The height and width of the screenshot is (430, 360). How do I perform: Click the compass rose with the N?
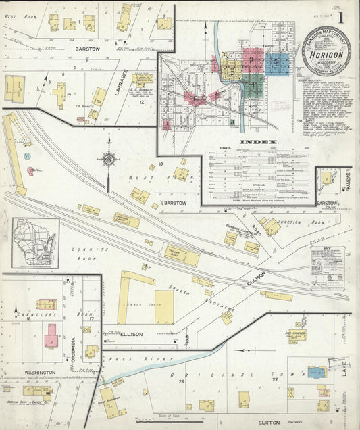tap(108, 160)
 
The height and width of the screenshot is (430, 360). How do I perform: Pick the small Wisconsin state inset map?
tap(35, 243)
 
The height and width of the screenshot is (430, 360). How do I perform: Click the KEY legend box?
tap(327, 268)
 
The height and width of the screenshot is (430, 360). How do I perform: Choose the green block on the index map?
tap(251, 86)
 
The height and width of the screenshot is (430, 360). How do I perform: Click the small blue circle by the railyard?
tap(28, 156)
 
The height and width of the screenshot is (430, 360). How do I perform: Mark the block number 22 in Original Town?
tap(275, 380)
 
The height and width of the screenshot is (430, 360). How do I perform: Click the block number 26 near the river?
tap(181, 382)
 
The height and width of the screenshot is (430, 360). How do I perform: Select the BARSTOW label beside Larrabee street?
tap(88, 49)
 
